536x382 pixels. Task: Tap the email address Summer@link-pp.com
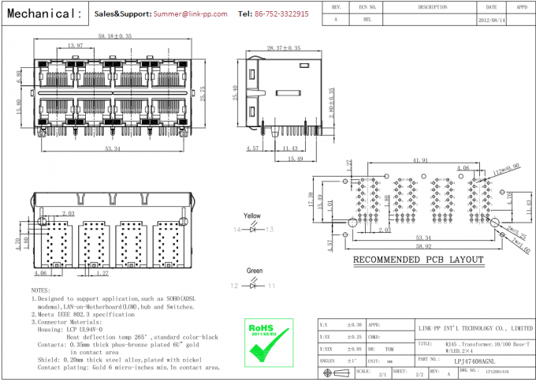coord(190,14)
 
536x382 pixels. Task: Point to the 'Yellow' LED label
coord(252,215)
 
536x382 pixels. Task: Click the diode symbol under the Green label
coord(253,285)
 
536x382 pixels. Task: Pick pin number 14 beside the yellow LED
coord(236,230)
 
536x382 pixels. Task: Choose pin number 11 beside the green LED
coord(273,285)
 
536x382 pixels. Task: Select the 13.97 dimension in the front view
coord(76,46)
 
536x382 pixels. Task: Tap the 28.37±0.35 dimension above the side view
coord(283,48)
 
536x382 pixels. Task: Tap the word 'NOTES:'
coord(40,291)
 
